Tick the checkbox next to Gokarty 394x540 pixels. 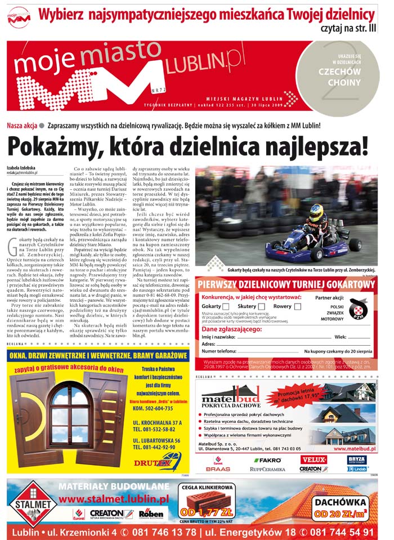(x=226, y=306)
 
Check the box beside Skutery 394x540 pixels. (x=261, y=306)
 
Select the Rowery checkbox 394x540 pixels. (x=296, y=306)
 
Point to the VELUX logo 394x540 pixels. (x=314, y=460)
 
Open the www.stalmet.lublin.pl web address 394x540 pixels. (x=113, y=499)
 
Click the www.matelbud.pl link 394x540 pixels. (x=354, y=449)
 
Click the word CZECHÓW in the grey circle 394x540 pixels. (x=339, y=73)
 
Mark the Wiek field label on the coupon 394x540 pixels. (x=341, y=336)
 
